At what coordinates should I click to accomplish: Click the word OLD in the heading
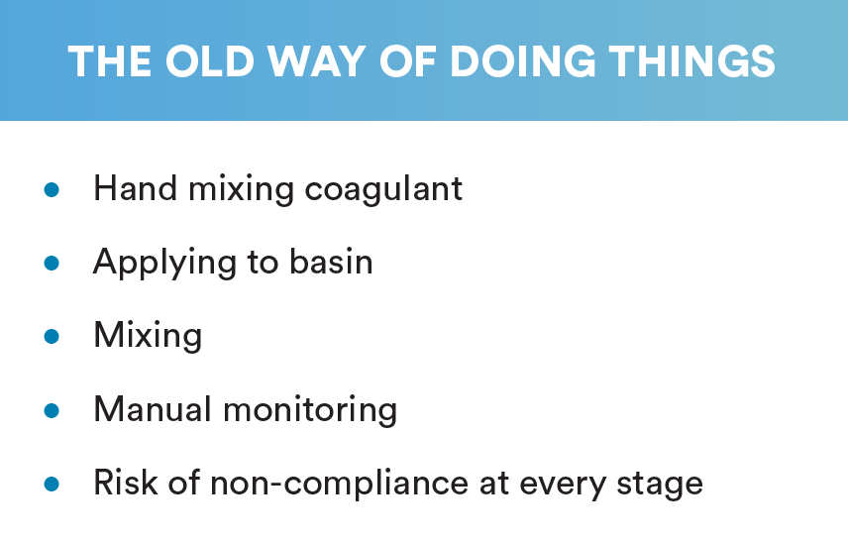[209, 61]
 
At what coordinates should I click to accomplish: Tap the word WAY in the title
[316, 61]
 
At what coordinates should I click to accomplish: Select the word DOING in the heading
[522, 61]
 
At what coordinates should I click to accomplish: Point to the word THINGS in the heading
[691, 61]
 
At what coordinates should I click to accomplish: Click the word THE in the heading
[110, 61]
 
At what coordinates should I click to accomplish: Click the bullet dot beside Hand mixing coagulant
[52, 190]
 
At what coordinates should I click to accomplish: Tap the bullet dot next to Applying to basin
[52, 263]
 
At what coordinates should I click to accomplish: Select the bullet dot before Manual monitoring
[52, 410]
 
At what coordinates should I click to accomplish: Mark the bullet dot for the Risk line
[52, 484]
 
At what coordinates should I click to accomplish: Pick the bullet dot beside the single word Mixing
[52, 337]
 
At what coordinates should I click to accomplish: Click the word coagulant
[383, 189]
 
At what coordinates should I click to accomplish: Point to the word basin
[331, 262]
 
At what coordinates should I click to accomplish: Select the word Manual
[153, 409]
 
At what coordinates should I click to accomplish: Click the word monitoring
[310, 410]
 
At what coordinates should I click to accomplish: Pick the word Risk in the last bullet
[126, 482]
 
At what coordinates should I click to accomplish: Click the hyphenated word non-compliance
[339, 484]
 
